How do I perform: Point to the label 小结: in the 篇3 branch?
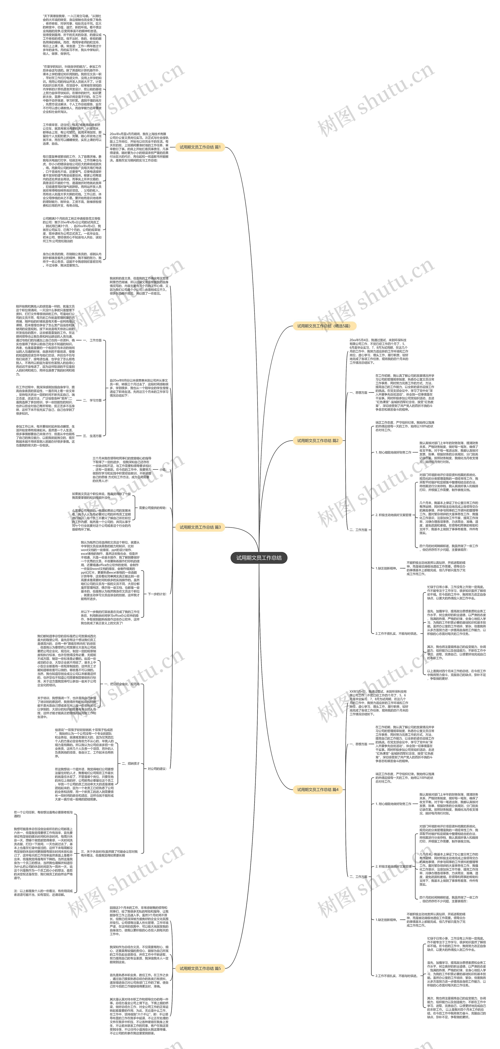(x=163, y=469)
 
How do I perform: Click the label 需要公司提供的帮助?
(x=153, y=508)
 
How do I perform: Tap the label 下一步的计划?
(x=157, y=594)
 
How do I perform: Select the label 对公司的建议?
(x=157, y=768)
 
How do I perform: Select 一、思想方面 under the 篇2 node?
(x=358, y=392)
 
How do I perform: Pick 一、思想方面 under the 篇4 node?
(x=358, y=744)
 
